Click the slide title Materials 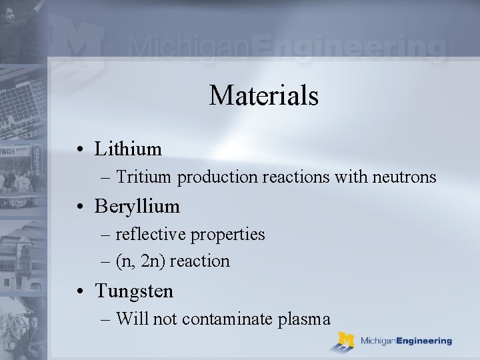point(264,95)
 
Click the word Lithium point(128,149)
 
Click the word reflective point(151,235)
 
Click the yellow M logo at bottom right point(345,341)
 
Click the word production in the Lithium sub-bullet point(214,178)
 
